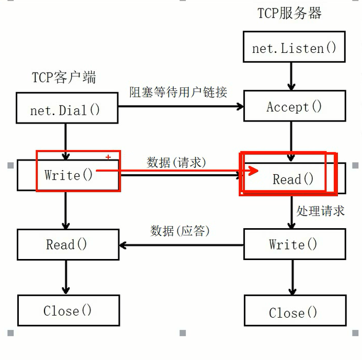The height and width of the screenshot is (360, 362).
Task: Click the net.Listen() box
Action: click(x=294, y=48)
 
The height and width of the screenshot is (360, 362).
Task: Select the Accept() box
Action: click(x=294, y=107)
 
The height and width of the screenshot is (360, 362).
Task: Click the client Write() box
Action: click(x=68, y=175)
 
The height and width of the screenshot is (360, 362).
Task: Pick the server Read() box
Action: click(x=293, y=179)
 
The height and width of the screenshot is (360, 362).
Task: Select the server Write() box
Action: click(x=294, y=244)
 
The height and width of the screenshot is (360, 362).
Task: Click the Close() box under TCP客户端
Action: click(x=68, y=310)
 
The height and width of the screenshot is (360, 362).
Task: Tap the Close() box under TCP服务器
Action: click(x=294, y=312)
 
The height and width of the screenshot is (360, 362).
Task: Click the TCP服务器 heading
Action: click(x=289, y=13)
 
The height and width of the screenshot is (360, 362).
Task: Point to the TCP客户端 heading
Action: click(x=64, y=77)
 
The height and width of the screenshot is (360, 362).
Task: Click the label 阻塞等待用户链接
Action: click(x=178, y=93)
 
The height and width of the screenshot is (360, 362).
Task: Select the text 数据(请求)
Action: click(x=176, y=162)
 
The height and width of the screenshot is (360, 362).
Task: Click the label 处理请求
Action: click(x=321, y=211)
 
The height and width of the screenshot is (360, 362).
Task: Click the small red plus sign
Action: click(x=108, y=157)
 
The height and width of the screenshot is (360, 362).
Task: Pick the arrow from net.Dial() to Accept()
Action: click(x=180, y=107)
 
